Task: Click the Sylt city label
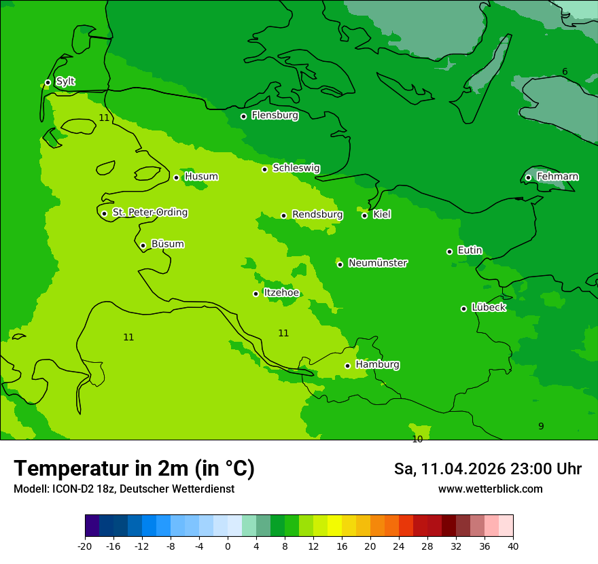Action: pyautogui.click(x=65, y=82)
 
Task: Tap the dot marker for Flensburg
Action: pyautogui.click(x=243, y=116)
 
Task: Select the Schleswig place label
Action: pyautogui.click(x=296, y=168)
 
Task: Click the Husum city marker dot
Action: pyautogui.click(x=176, y=177)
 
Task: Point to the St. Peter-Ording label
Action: pyautogui.click(x=149, y=213)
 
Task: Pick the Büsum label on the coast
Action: pyautogui.click(x=167, y=244)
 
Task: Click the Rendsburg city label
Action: pyautogui.click(x=317, y=215)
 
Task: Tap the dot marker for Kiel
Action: pyautogui.click(x=364, y=215)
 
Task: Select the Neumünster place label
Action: pyautogui.click(x=377, y=263)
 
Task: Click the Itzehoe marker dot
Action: pyautogui.click(x=256, y=294)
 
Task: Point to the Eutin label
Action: pyautogui.click(x=470, y=251)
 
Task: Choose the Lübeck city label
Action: pyautogui.click(x=488, y=307)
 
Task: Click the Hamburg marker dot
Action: pyautogui.click(x=347, y=366)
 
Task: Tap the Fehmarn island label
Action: pyautogui.click(x=557, y=177)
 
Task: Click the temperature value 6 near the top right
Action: pyautogui.click(x=565, y=72)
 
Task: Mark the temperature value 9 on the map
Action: pyautogui.click(x=541, y=426)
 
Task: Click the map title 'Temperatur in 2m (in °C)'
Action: pyautogui.click(x=134, y=468)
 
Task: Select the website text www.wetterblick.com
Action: pyautogui.click(x=490, y=489)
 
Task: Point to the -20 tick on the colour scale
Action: pyautogui.click(x=85, y=546)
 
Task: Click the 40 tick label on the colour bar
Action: pyautogui.click(x=513, y=546)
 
